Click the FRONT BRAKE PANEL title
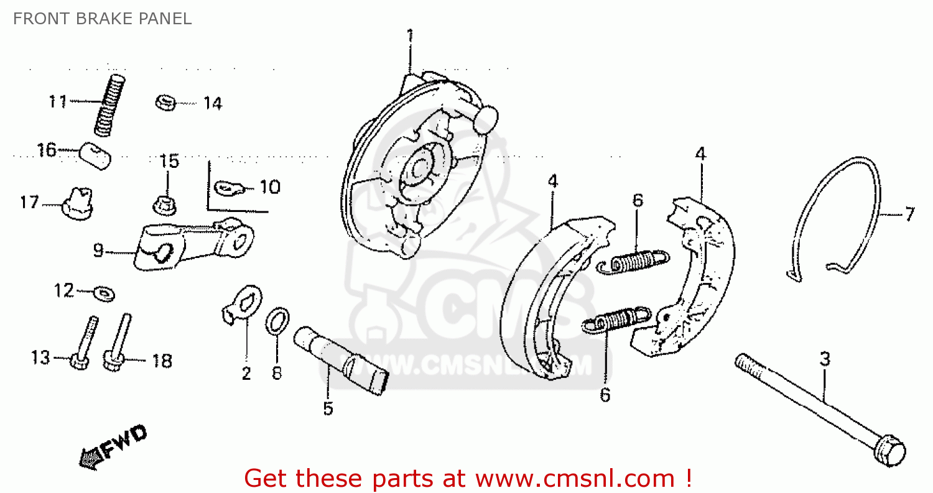[102, 19]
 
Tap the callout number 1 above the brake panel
[409, 36]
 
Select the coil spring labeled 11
[110, 104]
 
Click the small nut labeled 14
[165, 102]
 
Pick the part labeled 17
[78, 203]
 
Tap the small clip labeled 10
[231, 186]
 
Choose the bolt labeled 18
[118, 345]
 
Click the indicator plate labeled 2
[243, 305]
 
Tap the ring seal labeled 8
[277, 320]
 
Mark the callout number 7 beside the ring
[909, 215]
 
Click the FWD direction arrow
[112, 445]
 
